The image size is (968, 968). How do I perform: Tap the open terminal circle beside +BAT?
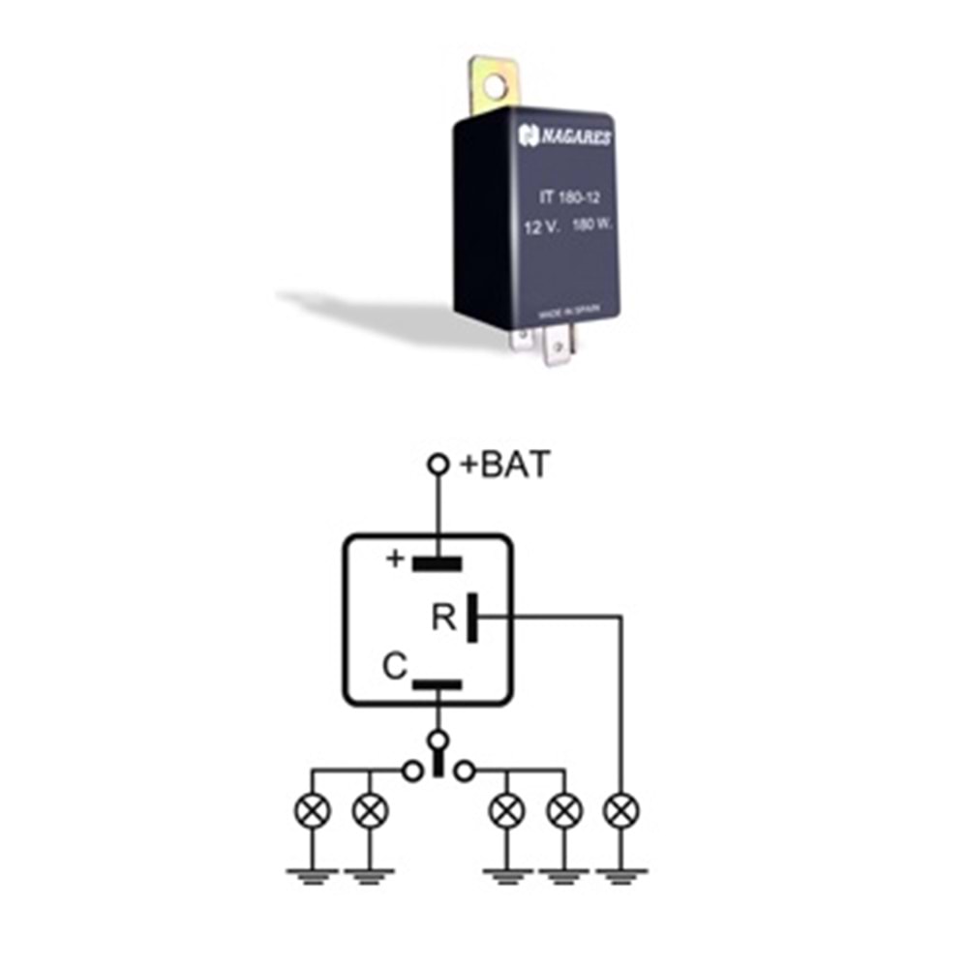(x=439, y=466)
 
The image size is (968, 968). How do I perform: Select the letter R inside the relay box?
(x=444, y=618)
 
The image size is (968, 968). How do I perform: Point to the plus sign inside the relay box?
(x=394, y=560)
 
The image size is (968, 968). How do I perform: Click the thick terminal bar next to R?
(x=472, y=618)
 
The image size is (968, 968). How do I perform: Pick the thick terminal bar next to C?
(x=438, y=684)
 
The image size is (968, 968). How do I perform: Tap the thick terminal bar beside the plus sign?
(x=438, y=562)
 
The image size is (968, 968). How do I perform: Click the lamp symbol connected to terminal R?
(x=620, y=810)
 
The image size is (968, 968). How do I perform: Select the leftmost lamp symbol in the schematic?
(x=312, y=810)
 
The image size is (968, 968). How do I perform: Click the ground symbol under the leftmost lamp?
(x=312, y=877)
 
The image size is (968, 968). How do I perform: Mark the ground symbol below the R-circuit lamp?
(x=620, y=877)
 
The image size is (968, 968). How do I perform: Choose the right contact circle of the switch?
(x=465, y=771)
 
